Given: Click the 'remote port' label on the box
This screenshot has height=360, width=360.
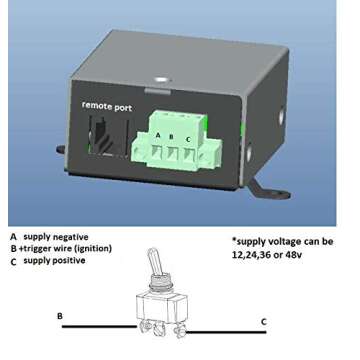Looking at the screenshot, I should pos(107,105).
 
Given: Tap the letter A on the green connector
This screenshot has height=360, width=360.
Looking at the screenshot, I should pos(158,136).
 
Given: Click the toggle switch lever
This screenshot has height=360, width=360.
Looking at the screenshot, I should pos(153,266).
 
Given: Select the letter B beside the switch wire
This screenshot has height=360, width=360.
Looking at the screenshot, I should pos(60,316).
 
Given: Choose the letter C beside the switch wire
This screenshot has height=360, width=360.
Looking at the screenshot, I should pos(263,321).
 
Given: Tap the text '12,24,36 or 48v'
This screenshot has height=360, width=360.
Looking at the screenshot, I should pos(269,254).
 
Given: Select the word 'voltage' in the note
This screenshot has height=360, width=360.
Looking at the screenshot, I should pos(283,241).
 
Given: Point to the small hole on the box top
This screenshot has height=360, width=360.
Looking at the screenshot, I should pos(164,71).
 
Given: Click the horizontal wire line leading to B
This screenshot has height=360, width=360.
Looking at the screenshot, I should pos(95,327).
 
